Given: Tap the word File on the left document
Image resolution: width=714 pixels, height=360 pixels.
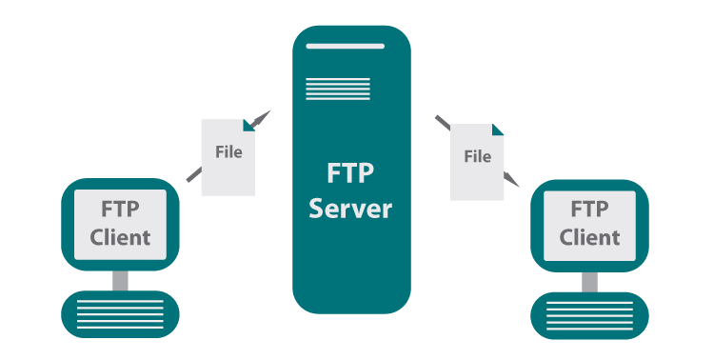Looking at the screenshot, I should [228, 151].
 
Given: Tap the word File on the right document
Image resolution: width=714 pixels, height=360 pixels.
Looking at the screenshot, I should [477, 156].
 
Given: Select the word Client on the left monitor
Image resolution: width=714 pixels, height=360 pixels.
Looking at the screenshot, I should [120, 237].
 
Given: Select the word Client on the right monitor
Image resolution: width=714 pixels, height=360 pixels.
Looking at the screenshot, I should [589, 237].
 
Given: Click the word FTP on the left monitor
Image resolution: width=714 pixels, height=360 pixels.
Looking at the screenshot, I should [120, 209].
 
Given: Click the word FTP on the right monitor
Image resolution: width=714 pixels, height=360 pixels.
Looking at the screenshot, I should [589, 209].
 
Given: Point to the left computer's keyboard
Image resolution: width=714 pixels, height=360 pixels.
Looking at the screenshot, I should [120, 313].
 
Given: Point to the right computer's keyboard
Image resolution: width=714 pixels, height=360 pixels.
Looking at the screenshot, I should [589, 313].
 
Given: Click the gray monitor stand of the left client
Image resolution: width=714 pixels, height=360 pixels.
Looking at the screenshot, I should [120, 280].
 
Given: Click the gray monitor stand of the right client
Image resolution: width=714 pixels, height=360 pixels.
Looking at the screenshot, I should [589, 280].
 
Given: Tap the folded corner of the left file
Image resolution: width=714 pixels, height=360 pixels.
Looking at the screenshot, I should [248, 125].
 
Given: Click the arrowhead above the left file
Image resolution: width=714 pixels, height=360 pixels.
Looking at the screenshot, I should [264, 117].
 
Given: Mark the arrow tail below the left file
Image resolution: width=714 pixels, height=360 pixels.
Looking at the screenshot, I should [193, 174].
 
